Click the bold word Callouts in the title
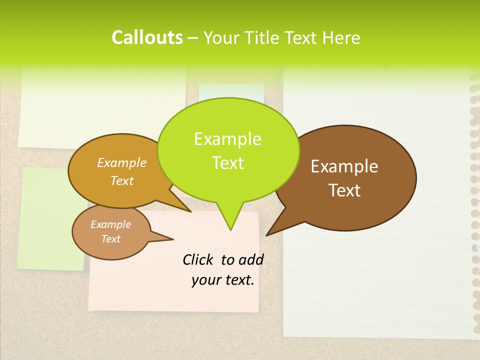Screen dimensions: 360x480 (147, 37)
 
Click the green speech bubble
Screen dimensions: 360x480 (228, 150)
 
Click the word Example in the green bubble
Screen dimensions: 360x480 (227, 138)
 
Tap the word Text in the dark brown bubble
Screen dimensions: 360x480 (344, 190)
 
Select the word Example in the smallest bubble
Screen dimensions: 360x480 (110, 224)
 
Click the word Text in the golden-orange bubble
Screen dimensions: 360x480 (122, 180)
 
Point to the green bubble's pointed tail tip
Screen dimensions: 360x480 (230, 230)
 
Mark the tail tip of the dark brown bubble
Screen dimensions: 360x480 (267, 235)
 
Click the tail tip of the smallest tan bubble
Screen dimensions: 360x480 (173, 239)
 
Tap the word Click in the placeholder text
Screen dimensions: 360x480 (198, 259)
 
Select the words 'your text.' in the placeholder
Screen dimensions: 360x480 (222, 280)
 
